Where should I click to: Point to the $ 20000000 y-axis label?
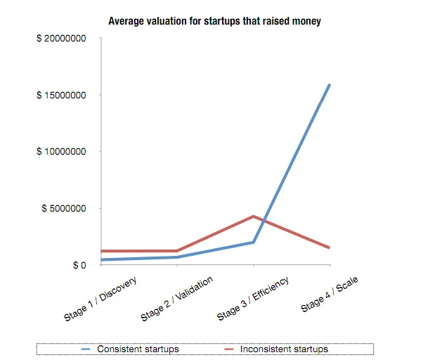61,38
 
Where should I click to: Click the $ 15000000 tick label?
61,95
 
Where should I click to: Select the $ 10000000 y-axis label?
61,152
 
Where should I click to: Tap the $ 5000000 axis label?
64,209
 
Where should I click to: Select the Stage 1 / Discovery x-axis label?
100,299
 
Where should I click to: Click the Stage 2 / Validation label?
176,299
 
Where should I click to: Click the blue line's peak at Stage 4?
330,85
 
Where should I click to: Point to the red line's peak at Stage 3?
253,216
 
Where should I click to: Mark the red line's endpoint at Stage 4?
330,248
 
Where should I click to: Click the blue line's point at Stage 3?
253,243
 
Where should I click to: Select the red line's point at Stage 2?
176,251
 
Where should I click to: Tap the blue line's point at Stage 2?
176,257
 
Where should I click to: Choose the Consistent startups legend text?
138,349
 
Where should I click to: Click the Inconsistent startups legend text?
284,349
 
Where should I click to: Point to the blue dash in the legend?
87,349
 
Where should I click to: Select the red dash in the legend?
229,349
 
